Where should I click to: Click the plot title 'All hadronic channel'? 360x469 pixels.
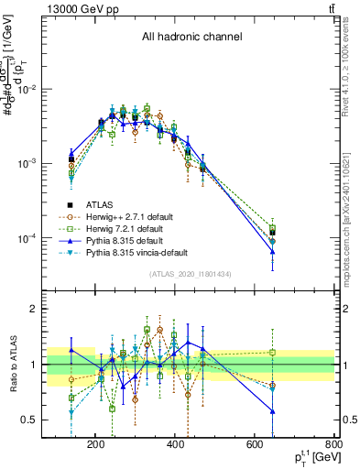pos(191,38)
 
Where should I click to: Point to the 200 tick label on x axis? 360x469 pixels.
pos(95,445)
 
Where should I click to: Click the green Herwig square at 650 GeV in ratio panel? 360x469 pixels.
pos(272,352)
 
